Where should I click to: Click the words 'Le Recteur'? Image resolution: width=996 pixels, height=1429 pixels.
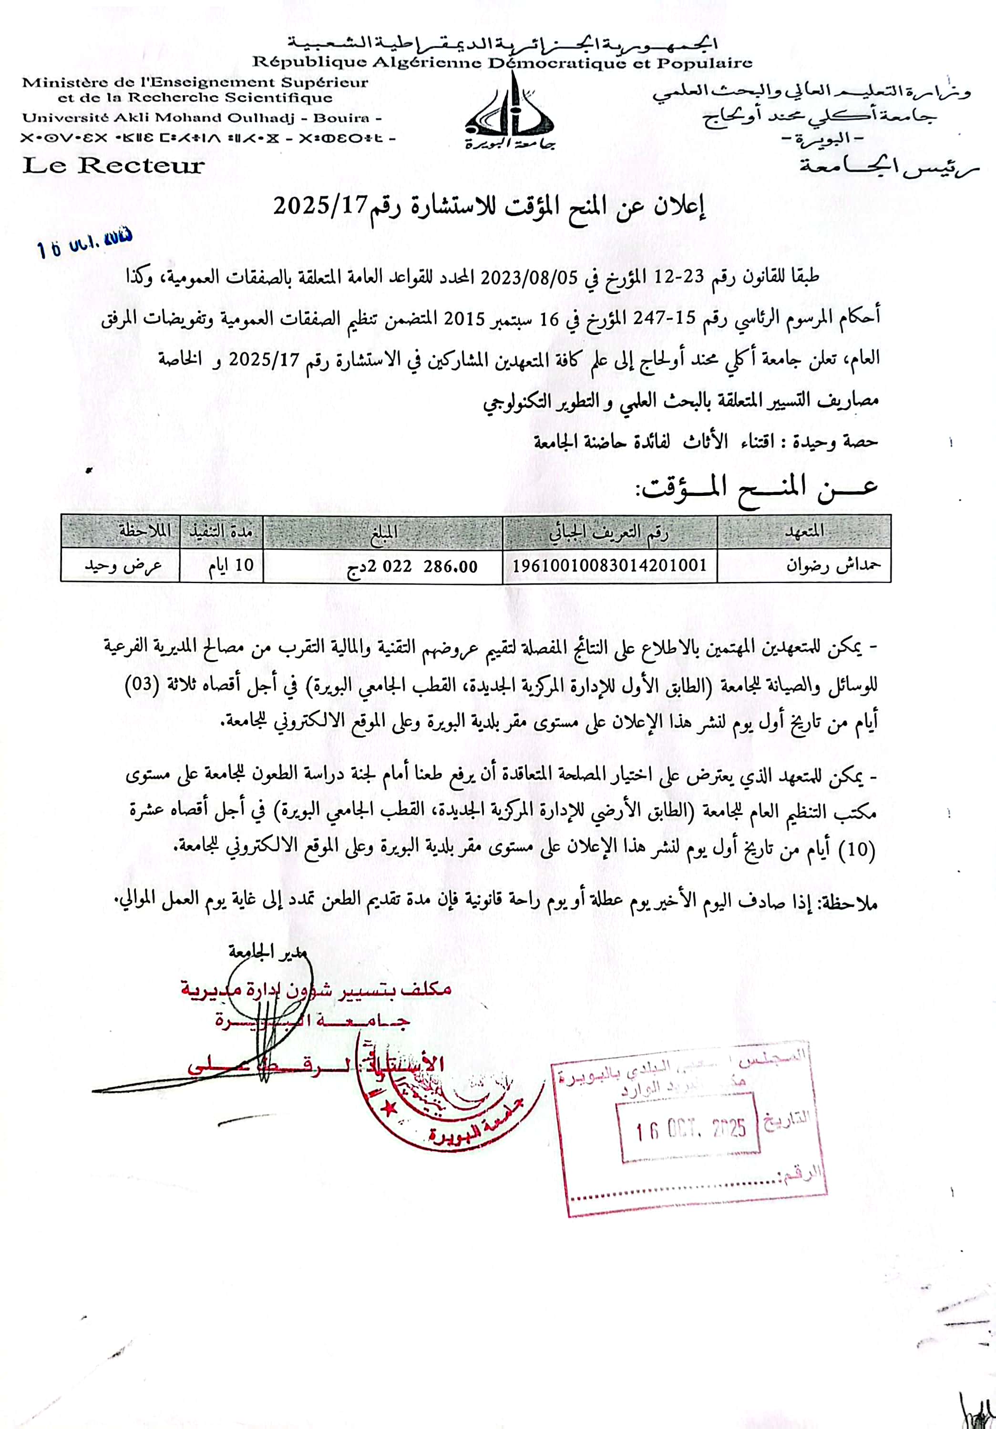click(x=113, y=166)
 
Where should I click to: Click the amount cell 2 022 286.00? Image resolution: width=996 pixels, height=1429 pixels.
click(x=412, y=566)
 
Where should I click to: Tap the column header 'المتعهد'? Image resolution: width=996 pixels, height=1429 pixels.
click(x=804, y=532)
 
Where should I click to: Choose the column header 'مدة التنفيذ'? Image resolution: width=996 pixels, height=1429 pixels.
click(x=221, y=532)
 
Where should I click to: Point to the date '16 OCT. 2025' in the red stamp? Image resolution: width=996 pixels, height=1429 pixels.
click(x=691, y=1130)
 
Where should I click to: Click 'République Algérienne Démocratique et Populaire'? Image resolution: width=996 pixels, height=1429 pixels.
click(x=502, y=63)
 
